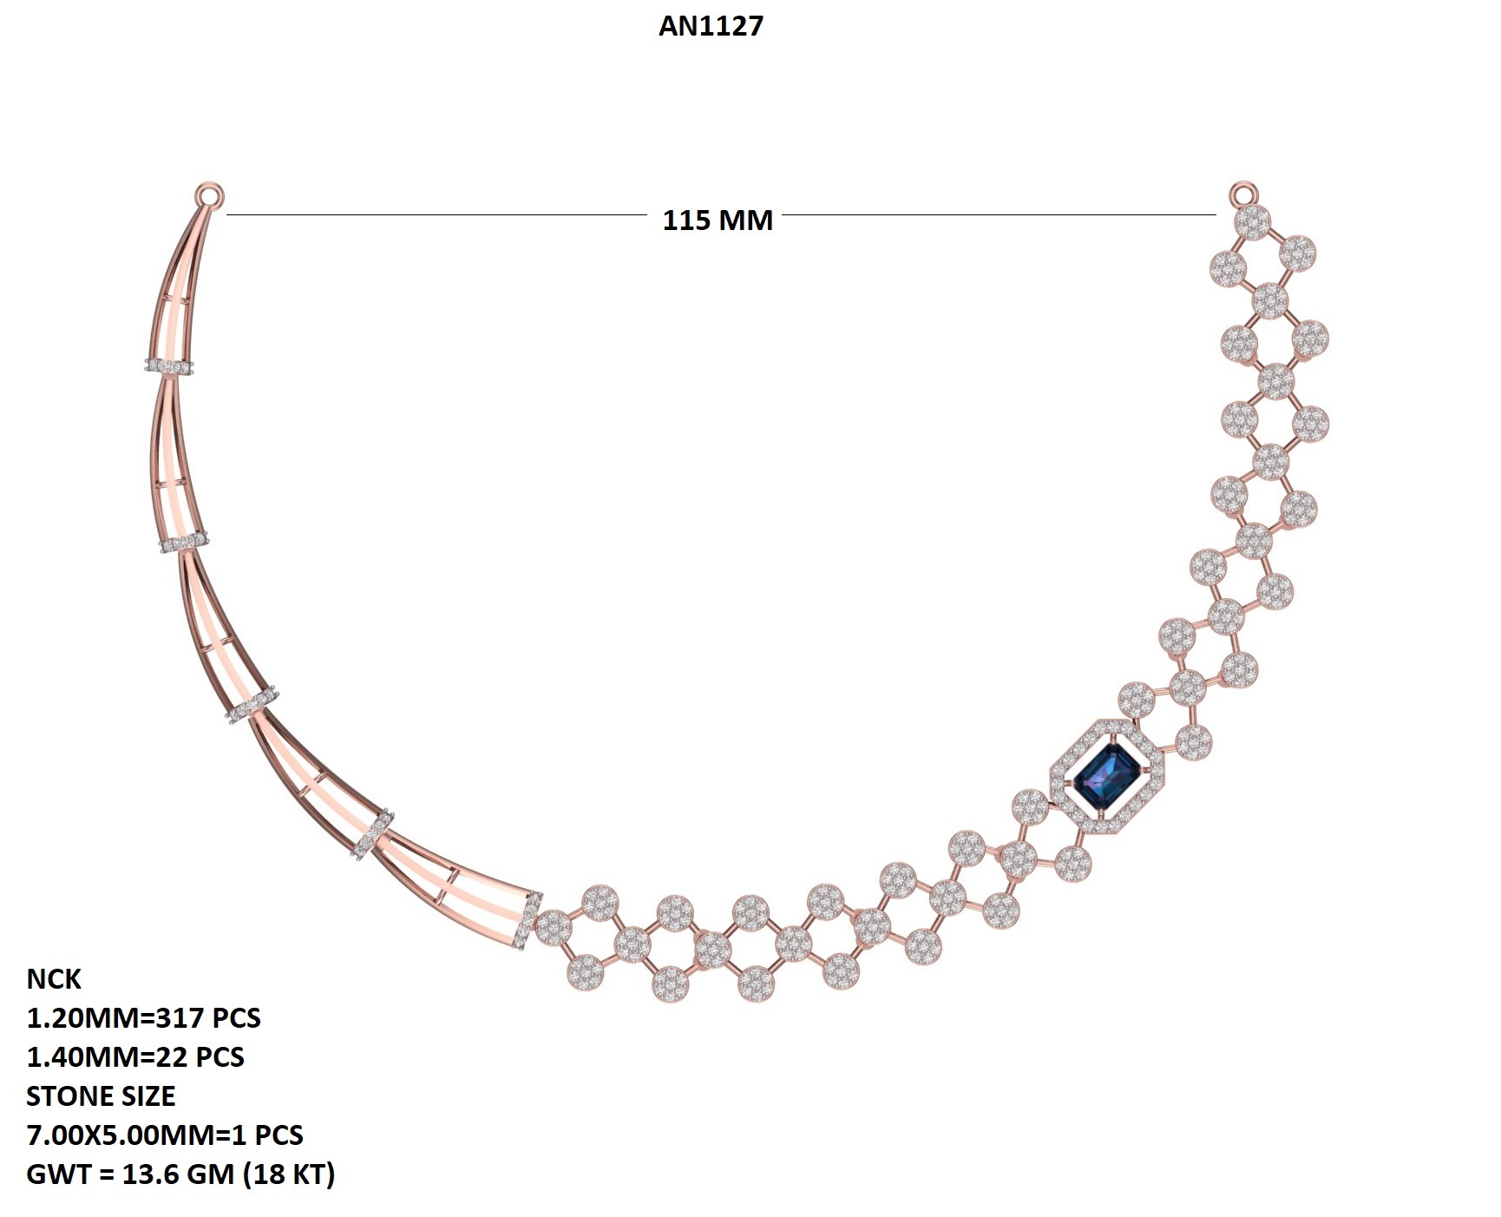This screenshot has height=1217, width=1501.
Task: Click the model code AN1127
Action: pyautogui.click(x=711, y=26)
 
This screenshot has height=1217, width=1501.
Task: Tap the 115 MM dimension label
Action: pyautogui.click(x=718, y=220)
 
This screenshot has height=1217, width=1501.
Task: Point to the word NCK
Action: pyautogui.click(x=54, y=978)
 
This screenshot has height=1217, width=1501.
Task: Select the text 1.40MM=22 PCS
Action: pyautogui.click(x=135, y=1056)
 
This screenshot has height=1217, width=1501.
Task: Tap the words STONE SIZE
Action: pyautogui.click(x=101, y=1095)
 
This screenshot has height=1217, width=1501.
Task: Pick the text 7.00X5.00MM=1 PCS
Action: pyautogui.click(x=165, y=1135)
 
